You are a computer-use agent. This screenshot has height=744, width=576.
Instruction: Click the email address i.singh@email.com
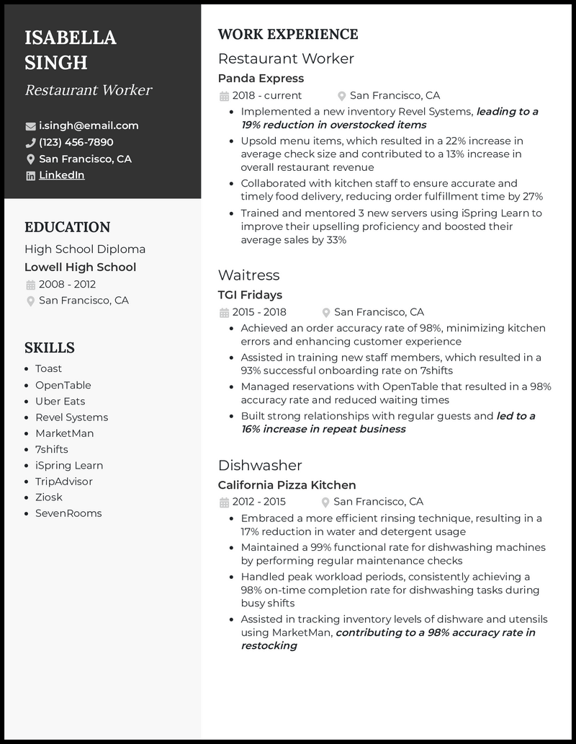89,125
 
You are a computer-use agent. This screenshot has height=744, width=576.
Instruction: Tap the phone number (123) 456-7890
76,142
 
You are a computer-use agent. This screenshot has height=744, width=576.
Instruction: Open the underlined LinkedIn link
61,175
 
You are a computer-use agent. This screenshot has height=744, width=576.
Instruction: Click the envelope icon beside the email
30,126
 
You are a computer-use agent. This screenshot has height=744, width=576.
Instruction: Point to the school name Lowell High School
80,267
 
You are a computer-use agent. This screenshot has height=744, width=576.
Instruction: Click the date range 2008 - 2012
67,284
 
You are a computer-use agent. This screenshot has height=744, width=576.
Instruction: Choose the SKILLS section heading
50,347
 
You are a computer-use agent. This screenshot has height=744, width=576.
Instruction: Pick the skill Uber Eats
60,401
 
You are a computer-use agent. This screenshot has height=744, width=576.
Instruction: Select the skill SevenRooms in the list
68,513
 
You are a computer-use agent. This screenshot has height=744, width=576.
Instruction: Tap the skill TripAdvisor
64,481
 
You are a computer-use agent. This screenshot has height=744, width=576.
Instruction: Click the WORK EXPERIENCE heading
287,34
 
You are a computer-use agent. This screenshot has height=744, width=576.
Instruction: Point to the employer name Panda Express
261,78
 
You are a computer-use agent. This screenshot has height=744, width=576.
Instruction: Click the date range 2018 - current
266,95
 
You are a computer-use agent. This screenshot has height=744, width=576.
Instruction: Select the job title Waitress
248,275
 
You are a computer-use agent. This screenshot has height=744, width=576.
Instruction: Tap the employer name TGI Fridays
250,294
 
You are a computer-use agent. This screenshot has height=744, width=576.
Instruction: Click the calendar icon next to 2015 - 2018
223,312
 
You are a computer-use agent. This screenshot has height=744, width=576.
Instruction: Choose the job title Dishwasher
260,465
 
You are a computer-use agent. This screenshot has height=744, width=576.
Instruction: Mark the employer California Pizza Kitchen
287,484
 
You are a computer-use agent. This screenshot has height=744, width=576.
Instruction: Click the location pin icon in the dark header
30,159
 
